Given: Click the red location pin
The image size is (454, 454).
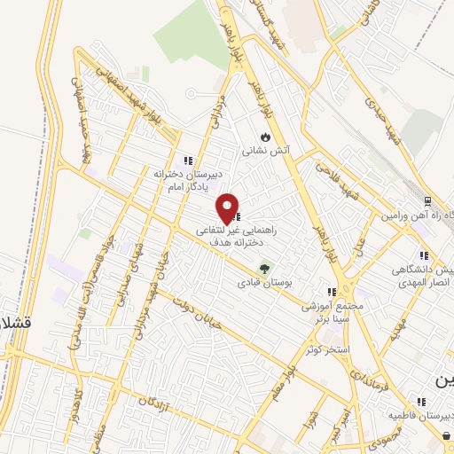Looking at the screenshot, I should pyautogui.click(x=228, y=208).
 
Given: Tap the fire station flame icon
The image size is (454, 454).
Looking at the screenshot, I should pyautogui.click(x=264, y=137).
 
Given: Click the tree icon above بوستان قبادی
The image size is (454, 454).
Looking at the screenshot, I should pyautogui.click(x=263, y=268).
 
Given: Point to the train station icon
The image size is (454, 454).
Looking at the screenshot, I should pyautogui.click(x=427, y=202).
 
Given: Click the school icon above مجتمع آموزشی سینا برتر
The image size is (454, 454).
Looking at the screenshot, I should pyautogui.click(x=332, y=291).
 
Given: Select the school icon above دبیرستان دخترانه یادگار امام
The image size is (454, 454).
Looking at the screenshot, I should pyautogui.click(x=187, y=160).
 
